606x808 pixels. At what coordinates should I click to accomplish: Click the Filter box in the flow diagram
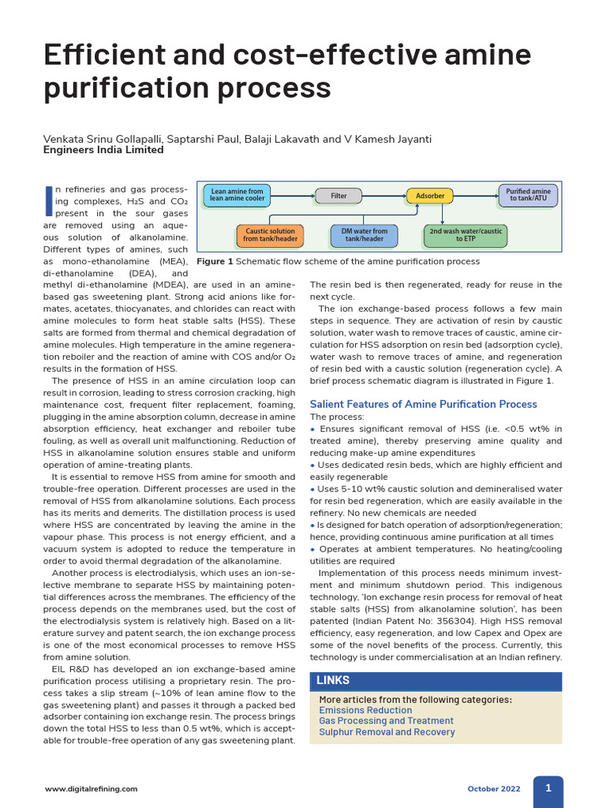339,195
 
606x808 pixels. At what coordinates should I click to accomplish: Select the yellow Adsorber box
430,195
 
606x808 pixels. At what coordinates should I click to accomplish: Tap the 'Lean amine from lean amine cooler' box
238,196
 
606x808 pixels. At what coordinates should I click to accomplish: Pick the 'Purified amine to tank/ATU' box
528,196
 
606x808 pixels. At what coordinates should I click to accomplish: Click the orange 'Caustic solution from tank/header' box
271,235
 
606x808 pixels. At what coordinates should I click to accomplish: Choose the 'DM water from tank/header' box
364,235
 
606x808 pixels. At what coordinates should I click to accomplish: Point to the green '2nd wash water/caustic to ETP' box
466,235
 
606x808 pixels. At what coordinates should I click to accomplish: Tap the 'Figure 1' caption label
215,261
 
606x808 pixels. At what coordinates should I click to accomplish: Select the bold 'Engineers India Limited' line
103,150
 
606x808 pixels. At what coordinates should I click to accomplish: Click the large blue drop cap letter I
50,201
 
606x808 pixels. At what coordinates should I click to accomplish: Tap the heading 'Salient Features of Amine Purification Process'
423,404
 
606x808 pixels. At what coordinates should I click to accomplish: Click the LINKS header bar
436,681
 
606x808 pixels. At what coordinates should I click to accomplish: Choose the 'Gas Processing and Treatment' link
386,721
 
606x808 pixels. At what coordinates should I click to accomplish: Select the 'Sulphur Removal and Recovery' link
387,732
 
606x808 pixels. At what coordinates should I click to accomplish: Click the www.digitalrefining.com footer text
91,789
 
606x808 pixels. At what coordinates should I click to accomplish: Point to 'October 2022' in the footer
494,789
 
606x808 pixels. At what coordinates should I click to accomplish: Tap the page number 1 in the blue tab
548,787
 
